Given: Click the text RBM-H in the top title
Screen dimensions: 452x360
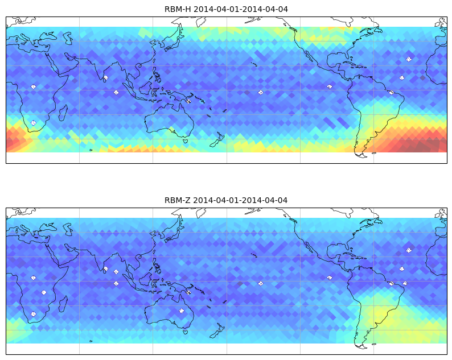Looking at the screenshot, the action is click(x=178, y=9).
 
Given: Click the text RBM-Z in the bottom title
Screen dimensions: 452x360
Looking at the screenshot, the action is click(x=177, y=200).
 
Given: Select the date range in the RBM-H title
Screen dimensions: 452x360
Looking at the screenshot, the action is click(x=241, y=9).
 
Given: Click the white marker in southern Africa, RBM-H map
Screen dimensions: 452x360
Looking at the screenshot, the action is click(x=34, y=123).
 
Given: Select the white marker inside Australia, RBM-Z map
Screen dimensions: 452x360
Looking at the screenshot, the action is click(x=182, y=311).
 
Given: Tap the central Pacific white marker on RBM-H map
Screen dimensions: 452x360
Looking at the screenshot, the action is click(x=261, y=93).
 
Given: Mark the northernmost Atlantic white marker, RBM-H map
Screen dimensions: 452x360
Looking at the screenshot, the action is click(x=409, y=59).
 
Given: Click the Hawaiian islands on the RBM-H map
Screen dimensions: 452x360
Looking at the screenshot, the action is click(x=254, y=64).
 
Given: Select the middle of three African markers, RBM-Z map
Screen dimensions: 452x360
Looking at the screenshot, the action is click(x=44, y=292).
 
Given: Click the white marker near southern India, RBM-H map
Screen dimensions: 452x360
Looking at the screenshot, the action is click(x=106, y=77).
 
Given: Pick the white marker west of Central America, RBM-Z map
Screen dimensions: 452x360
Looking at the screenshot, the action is click(x=330, y=278).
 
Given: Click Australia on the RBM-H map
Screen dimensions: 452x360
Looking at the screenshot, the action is click(x=170, y=119).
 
